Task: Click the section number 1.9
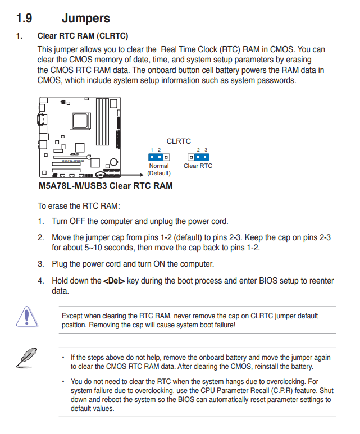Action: point(25,19)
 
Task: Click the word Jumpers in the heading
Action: point(85,19)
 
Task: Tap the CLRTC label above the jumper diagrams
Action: point(179,141)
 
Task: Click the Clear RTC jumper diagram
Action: point(198,157)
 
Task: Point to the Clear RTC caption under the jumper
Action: point(198,166)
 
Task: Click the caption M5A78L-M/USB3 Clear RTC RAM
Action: point(105,185)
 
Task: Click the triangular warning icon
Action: point(24,317)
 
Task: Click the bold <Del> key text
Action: point(114,281)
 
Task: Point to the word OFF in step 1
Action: point(83,221)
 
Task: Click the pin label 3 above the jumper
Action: point(206,150)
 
